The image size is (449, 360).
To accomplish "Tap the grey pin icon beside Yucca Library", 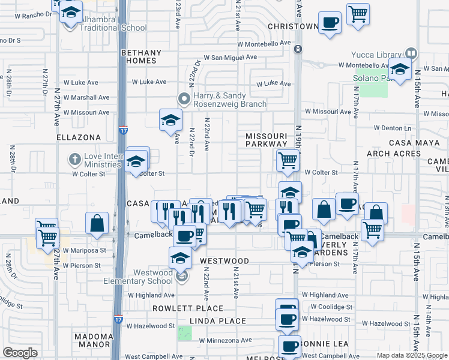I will coord(411,53).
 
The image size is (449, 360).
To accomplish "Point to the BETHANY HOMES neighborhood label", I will coord(139,56).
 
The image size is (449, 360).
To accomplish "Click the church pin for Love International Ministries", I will coord(74,160).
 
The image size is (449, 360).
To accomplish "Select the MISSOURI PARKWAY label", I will coord(267,140).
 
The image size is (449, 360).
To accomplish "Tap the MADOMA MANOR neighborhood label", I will coord(95,340).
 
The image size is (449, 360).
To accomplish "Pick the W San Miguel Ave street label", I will coord(230,58).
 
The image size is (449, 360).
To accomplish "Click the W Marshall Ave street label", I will coord(86,97).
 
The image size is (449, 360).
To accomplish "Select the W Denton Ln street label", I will coord(394,128).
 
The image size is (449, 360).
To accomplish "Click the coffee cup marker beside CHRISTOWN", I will coord(328,23).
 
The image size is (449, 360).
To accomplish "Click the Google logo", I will coord(20,353).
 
